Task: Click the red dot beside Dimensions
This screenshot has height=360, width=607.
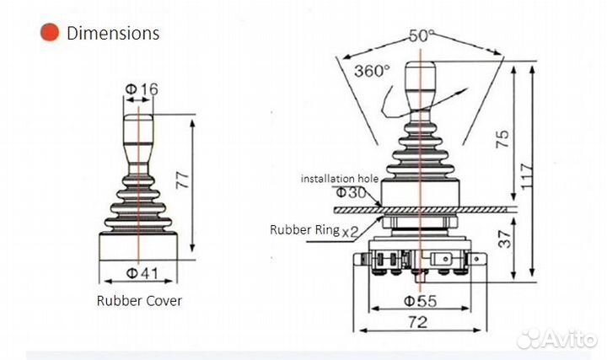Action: (x=50, y=33)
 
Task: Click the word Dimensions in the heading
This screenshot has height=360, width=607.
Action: (x=113, y=33)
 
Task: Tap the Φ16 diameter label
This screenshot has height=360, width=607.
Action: (x=142, y=89)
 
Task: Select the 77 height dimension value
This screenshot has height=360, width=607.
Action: (x=182, y=180)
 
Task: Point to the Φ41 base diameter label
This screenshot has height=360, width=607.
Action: (x=142, y=273)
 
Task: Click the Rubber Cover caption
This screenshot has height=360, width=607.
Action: (x=139, y=301)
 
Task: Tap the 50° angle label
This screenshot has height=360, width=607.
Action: (x=422, y=35)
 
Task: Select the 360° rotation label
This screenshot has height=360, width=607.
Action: (x=372, y=71)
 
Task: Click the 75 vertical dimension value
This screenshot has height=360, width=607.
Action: (x=502, y=138)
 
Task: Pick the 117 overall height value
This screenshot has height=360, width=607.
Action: (x=527, y=176)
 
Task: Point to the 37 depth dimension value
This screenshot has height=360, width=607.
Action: (x=504, y=239)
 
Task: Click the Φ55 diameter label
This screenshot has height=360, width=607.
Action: (x=421, y=301)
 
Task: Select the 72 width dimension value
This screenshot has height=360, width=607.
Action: (x=418, y=322)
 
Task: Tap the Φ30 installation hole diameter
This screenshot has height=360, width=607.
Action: (x=351, y=192)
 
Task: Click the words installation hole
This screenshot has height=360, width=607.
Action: (x=340, y=179)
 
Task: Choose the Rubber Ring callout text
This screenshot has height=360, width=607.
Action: (x=304, y=229)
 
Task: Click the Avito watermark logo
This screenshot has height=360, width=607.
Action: (x=556, y=339)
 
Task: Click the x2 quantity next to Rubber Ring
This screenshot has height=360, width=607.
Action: (x=350, y=232)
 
